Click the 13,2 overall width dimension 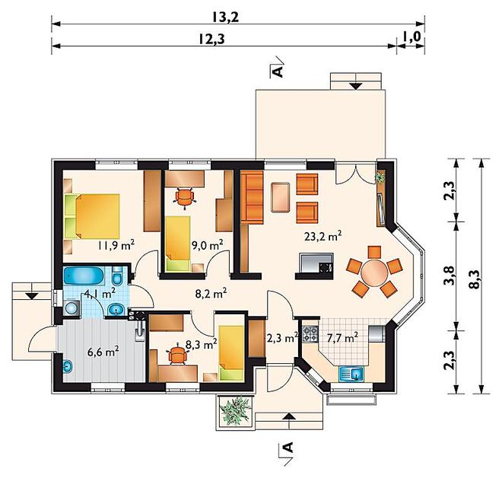tap(225, 18)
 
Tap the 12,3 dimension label tap(211, 39)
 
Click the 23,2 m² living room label tap(322, 236)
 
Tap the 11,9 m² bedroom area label tap(116, 245)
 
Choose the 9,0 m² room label tap(207, 245)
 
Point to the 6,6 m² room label tap(103, 352)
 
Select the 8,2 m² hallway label tap(211, 293)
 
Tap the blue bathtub tap(83, 276)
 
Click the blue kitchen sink tap(351, 374)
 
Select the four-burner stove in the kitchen tap(310, 333)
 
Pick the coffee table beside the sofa tap(281, 197)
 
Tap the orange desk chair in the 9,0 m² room tap(184, 197)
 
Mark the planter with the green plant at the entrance tap(236, 411)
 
